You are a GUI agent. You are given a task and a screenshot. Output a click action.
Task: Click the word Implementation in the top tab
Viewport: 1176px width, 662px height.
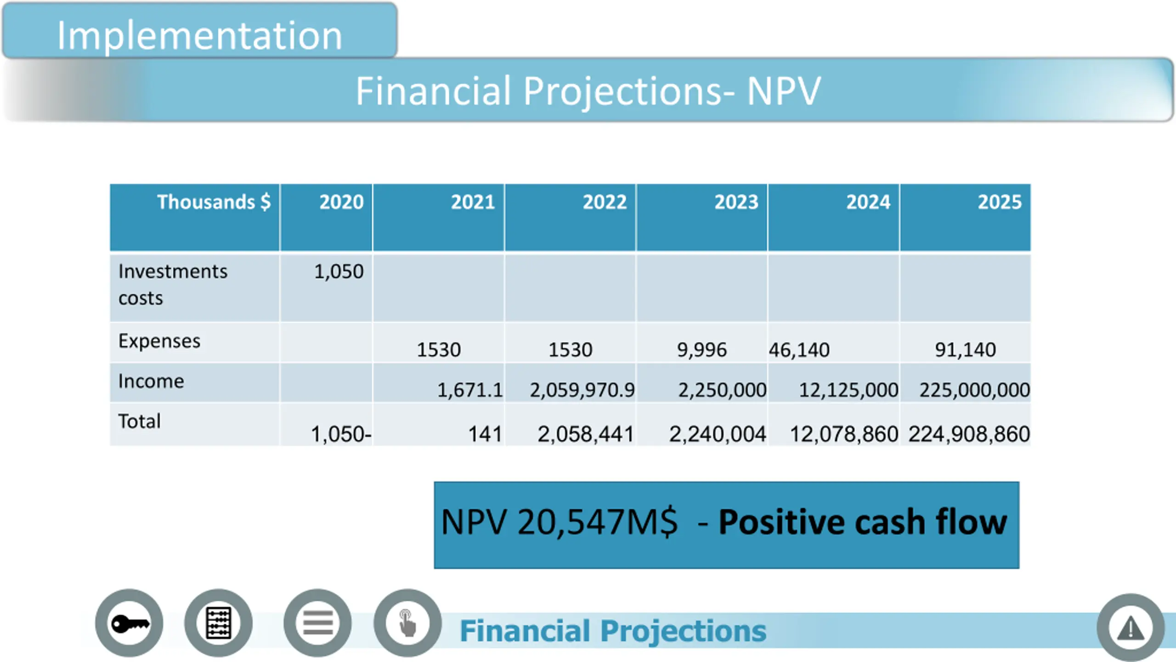click(199, 35)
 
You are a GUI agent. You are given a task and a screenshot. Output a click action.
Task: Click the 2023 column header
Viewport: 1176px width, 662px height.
click(736, 202)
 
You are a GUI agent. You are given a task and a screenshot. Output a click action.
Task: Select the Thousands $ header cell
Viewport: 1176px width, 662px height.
click(214, 202)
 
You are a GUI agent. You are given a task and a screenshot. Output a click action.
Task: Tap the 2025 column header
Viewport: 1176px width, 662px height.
click(999, 202)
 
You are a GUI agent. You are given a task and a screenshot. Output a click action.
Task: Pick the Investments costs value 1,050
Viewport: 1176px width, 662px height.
click(339, 271)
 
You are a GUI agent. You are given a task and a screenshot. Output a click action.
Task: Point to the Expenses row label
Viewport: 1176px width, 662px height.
click(159, 341)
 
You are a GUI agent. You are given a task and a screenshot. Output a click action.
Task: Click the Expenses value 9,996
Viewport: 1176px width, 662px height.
click(701, 350)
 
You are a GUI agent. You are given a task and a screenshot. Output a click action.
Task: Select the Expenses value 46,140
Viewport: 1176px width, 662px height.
click(799, 350)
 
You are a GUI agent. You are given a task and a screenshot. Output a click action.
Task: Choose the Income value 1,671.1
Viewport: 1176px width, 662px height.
click(469, 390)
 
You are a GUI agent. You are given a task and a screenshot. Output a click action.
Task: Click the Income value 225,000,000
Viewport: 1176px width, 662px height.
click(974, 390)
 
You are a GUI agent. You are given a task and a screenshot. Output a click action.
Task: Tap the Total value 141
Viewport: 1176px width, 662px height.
click(485, 434)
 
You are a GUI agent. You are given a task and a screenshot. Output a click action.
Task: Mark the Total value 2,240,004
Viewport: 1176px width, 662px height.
click(717, 434)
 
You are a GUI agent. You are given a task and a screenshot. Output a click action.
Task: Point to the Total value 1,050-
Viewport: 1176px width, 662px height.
click(341, 434)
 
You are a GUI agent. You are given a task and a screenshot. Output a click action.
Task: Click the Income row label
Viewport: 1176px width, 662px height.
click(151, 381)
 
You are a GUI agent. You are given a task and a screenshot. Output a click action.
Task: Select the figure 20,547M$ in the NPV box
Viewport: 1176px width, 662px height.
click(597, 522)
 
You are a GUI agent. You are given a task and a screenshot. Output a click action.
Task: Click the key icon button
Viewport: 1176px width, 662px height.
click(130, 623)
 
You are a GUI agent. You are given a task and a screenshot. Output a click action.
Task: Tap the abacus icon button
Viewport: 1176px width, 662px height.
click(219, 623)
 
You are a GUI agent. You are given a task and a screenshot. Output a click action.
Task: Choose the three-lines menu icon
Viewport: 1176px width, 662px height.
click(317, 623)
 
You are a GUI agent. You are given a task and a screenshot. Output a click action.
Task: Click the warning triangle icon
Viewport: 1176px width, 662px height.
click(1131, 628)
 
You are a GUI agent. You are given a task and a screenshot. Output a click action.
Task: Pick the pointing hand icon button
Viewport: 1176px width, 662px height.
click(407, 623)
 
